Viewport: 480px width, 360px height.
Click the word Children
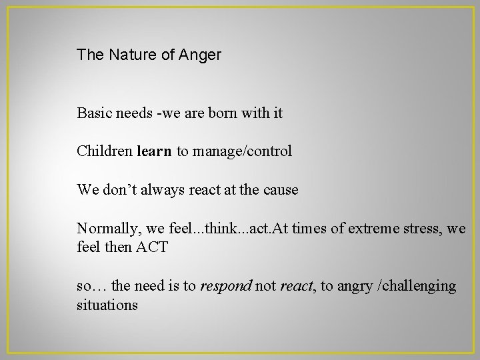(105, 151)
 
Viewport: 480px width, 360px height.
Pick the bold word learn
(155, 151)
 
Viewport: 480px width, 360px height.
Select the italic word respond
(227, 286)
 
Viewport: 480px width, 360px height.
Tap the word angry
(353, 286)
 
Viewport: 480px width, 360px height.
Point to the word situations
(107, 305)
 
